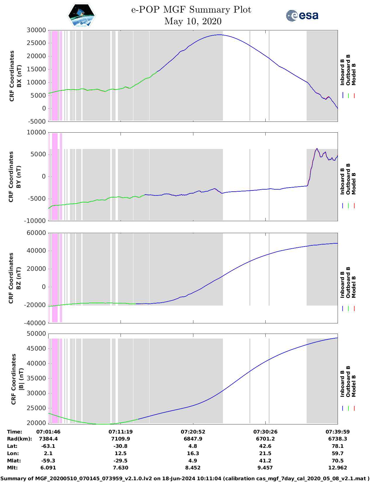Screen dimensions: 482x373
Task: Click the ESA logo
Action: coord(302,15)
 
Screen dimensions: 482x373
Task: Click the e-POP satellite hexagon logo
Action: coord(82,16)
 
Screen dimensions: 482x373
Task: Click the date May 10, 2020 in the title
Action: coord(193,21)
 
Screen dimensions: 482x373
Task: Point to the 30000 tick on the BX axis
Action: coord(36,30)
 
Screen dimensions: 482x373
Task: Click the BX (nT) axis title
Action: coord(19,76)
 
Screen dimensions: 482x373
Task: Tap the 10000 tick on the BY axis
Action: coord(36,132)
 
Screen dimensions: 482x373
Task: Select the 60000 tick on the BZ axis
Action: coord(36,233)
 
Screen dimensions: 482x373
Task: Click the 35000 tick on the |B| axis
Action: coord(36,378)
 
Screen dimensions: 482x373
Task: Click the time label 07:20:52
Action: coord(193,432)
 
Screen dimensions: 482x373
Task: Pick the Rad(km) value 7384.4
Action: coord(48,439)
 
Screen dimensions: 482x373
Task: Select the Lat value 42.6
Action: coord(265,446)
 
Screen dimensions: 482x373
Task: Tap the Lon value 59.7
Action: coord(338,453)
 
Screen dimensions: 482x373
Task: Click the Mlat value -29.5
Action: coord(121,461)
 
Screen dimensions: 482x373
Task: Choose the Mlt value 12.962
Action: coord(338,468)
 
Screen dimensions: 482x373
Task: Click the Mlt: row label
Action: coord(12,468)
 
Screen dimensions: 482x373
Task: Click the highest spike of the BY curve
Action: coord(317,148)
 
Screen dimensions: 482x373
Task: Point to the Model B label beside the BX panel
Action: coord(354,74)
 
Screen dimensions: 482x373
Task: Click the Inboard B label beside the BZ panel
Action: coord(342,285)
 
